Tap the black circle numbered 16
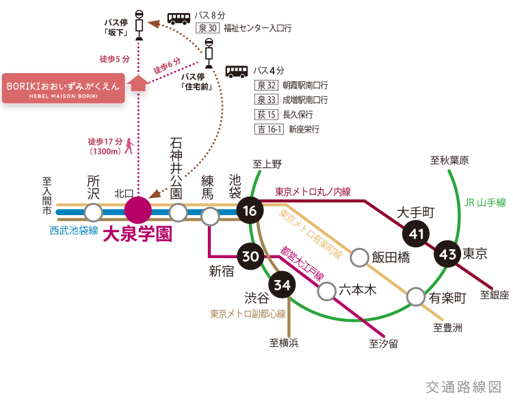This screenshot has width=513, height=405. click(250, 211)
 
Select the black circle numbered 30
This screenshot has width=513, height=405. click(250, 256)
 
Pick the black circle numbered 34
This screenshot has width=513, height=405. click(281, 284)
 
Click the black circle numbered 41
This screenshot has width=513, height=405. click(416, 234)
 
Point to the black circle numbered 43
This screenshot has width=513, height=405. click(448, 255)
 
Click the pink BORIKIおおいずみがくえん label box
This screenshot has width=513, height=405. click(63, 88)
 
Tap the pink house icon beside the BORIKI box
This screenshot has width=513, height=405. click(139, 83)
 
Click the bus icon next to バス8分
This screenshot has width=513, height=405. click(179, 18)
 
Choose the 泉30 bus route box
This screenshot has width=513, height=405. click(207, 28)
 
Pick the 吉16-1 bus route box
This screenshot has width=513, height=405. click(268, 128)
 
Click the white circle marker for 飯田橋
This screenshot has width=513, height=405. click(359, 257)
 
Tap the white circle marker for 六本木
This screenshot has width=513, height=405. click(327, 291)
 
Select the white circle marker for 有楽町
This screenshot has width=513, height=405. click(416, 297)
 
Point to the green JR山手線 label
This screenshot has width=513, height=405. click(484, 202)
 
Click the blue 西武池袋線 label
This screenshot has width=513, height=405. click(73, 230)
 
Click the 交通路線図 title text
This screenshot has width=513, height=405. click(463, 387)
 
